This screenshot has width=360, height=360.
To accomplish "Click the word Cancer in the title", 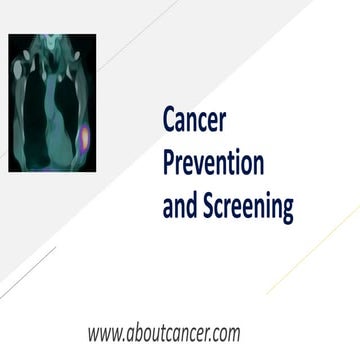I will click(195, 121).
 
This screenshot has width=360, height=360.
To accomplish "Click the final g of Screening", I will click(287, 211).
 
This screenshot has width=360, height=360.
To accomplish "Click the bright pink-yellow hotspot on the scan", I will click(84, 136).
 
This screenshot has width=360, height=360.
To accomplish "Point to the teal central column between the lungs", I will click(49, 110).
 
